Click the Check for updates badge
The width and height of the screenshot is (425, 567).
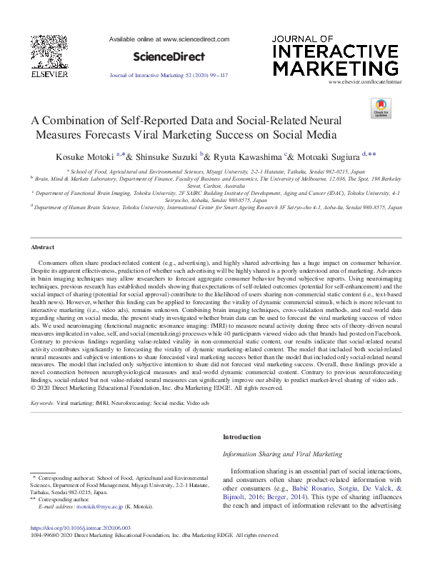tap(381, 109)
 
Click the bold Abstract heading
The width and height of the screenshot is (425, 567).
tap(43, 247)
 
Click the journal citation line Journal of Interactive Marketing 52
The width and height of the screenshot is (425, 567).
tap(168, 74)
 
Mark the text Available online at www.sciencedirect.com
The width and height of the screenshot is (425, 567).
tap(169, 39)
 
